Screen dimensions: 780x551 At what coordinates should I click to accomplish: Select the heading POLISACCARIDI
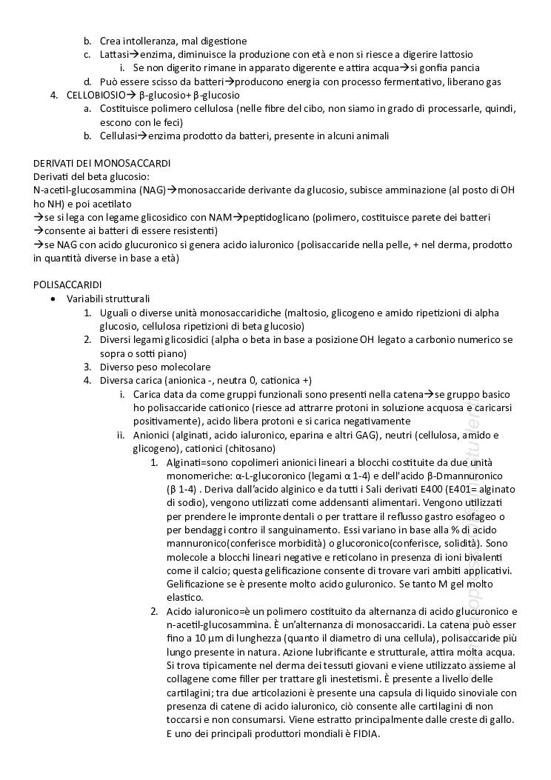[67, 285]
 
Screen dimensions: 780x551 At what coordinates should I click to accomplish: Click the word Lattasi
[114, 54]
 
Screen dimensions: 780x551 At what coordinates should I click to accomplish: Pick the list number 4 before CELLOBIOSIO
[53, 95]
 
